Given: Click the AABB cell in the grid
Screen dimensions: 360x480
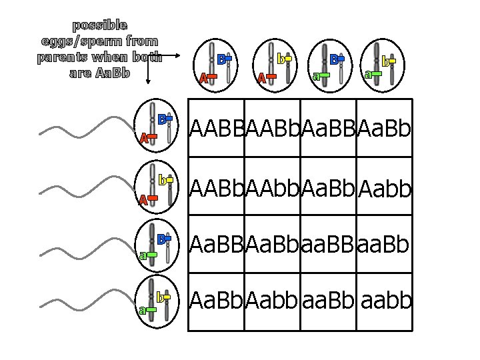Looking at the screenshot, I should [217, 127].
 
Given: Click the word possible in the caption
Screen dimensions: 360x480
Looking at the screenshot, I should [100, 26].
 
